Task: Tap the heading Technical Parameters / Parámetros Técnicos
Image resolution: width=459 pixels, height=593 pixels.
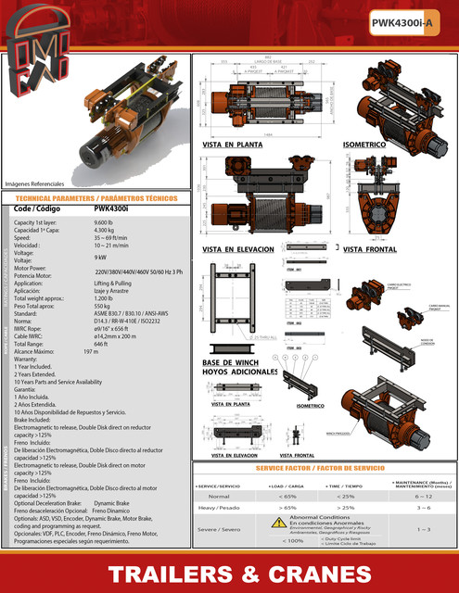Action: tap(96, 199)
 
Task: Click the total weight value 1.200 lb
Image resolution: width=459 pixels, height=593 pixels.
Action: tap(103, 299)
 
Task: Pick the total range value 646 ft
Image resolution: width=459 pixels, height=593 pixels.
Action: tap(101, 344)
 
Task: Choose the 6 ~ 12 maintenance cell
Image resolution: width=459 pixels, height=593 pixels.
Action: tap(423, 496)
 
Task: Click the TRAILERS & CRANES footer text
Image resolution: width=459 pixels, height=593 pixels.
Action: tap(229, 572)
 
